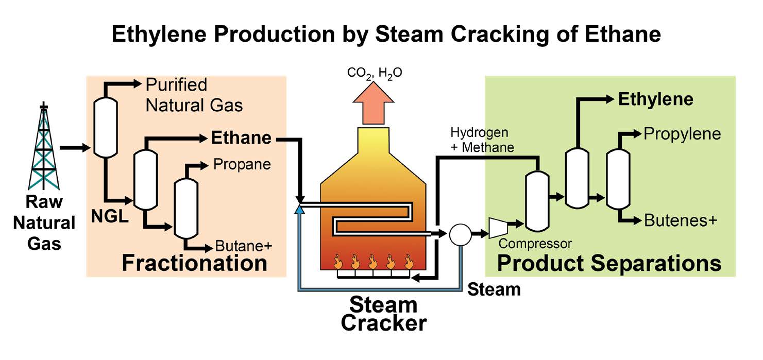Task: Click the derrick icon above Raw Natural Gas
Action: tap(44, 147)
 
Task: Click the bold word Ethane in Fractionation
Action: tap(241, 138)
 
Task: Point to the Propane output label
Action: tap(242, 164)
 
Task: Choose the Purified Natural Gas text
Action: tap(193, 95)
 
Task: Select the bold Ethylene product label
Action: tap(655, 99)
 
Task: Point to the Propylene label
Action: tap(682, 134)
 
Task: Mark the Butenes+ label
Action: tap(680, 221)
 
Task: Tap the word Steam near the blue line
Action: tap(494, 289)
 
